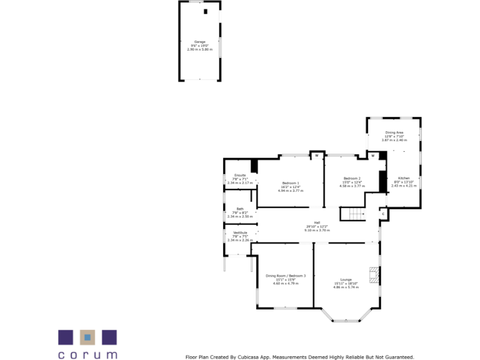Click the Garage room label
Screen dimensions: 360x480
199,42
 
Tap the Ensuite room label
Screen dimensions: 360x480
240,175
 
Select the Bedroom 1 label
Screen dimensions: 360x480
291,182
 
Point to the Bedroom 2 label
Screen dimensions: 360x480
351,178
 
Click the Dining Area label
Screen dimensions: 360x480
394,132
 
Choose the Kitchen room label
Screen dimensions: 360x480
404,178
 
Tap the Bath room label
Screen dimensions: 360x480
240,209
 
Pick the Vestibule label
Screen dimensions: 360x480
240,232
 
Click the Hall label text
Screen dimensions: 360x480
317,222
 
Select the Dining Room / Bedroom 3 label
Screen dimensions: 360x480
286,276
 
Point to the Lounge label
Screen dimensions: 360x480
346,279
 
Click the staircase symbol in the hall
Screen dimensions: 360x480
352,214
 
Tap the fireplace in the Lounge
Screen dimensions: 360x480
373,275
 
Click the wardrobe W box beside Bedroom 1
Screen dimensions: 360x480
316,155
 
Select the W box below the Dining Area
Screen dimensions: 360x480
372,155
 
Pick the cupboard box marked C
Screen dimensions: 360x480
383,214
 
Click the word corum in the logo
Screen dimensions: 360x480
87,354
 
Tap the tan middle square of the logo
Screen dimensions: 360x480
87,337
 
